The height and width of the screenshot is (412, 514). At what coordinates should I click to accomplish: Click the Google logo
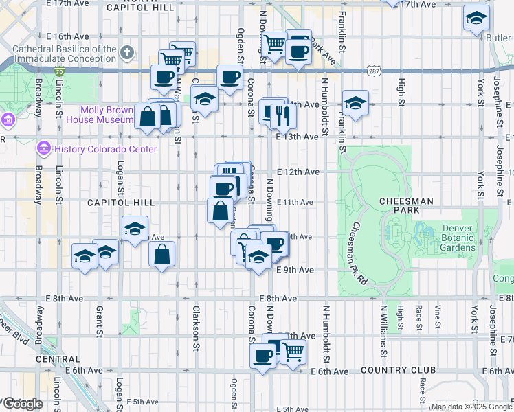pos(23,404)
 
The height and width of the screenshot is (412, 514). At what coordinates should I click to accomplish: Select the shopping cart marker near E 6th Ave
pos(293,351)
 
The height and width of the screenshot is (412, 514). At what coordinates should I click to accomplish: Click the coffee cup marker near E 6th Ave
pos(262,355)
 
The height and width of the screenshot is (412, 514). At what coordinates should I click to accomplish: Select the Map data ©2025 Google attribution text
pos(471,407)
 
